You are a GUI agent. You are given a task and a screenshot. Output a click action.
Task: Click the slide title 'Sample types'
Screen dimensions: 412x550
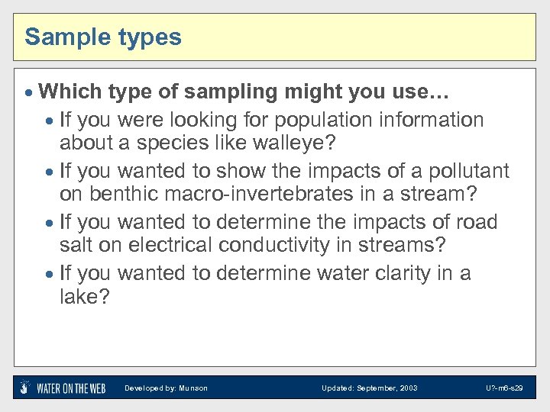click(x=103, y=37)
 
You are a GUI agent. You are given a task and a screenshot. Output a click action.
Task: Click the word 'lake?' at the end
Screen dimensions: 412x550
click(x=84, y=297)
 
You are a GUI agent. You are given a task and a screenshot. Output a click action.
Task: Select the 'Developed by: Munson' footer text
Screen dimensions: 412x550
click(x=166, y=388)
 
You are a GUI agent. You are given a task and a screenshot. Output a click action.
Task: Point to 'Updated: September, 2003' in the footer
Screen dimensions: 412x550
click(x=370, y=388)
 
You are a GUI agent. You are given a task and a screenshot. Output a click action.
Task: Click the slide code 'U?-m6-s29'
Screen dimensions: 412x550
click(x=504, y=388)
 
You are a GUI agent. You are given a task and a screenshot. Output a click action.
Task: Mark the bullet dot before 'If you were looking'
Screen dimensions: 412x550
click(x=50, y=121)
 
